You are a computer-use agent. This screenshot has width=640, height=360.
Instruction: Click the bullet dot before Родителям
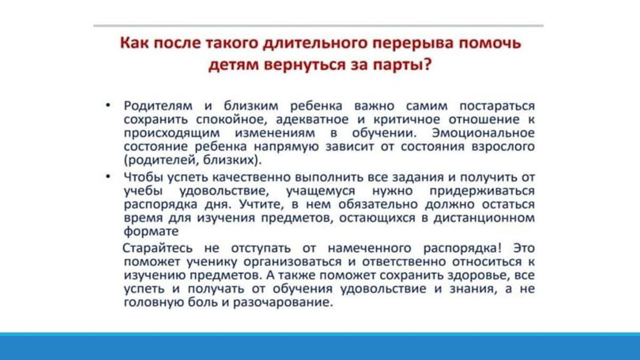(x=108, y=106)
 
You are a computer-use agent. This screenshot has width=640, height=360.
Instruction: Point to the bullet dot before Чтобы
(x=108, y=177)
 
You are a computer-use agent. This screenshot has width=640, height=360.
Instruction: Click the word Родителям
(x=158, y=106)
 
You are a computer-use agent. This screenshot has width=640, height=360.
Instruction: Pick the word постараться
(x=497, y=106)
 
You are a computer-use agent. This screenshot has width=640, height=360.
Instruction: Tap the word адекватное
(x=313, y=119)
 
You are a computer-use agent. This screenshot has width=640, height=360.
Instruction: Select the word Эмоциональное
(x=483, y=133)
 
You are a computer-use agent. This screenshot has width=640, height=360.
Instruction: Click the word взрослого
(x=503, y=147)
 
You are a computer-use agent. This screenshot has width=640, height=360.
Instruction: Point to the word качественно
(x=251, y=178)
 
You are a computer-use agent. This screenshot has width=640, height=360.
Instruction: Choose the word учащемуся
(x=321, y=191)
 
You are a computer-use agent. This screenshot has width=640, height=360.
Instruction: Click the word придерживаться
(x=482, y=191)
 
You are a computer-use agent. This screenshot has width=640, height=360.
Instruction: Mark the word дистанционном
(x=484, y=218)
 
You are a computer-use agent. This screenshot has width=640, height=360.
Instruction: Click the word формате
(x=151, y=231)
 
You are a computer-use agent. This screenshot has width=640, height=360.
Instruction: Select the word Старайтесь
(x=157, y=248)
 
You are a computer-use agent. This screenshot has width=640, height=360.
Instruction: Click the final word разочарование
(x=283, y=302)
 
